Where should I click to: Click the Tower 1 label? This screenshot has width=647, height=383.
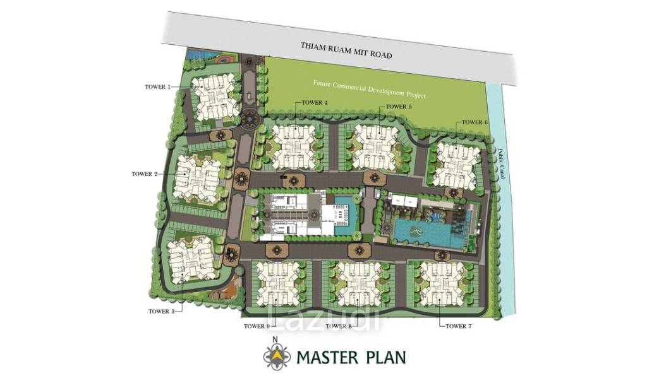coord(157,87)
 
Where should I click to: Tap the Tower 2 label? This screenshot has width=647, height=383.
coord(145,174)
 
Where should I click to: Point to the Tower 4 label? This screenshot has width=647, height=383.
coord(315,103)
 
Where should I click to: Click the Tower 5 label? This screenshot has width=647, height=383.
coord(399,107)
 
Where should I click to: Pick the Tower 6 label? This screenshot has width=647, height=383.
coord(475,122)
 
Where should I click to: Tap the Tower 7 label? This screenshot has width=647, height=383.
coord(459,326)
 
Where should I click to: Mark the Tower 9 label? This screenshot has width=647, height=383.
coord(257,326)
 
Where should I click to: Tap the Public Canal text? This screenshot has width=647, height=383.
coord(502,163)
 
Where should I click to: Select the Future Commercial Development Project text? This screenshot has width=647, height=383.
coord(369,89)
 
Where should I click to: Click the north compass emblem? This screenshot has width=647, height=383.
coord(277,356)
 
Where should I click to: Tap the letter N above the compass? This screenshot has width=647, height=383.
coord(275,339)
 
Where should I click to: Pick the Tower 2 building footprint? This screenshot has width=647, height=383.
coord(197,179)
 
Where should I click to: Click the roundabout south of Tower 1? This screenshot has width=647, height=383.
coord(250,119)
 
